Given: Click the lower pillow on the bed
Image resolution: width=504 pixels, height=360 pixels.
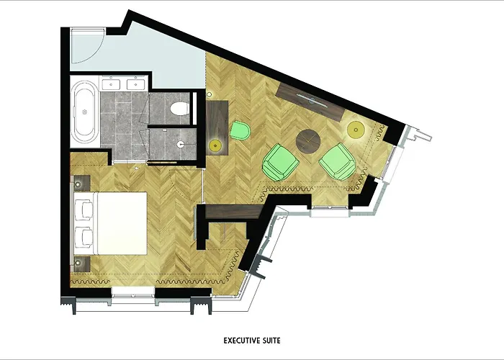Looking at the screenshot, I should [x=84, y=237].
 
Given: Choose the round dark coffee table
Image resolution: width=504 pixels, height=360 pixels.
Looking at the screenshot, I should [x=309, y=141].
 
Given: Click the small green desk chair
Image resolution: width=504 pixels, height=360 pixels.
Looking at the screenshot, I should [x=240, y=131].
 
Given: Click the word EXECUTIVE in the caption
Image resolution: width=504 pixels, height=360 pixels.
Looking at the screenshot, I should [x=235, y=336].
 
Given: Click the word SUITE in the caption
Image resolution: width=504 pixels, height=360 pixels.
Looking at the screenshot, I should [x=271, y=336].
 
